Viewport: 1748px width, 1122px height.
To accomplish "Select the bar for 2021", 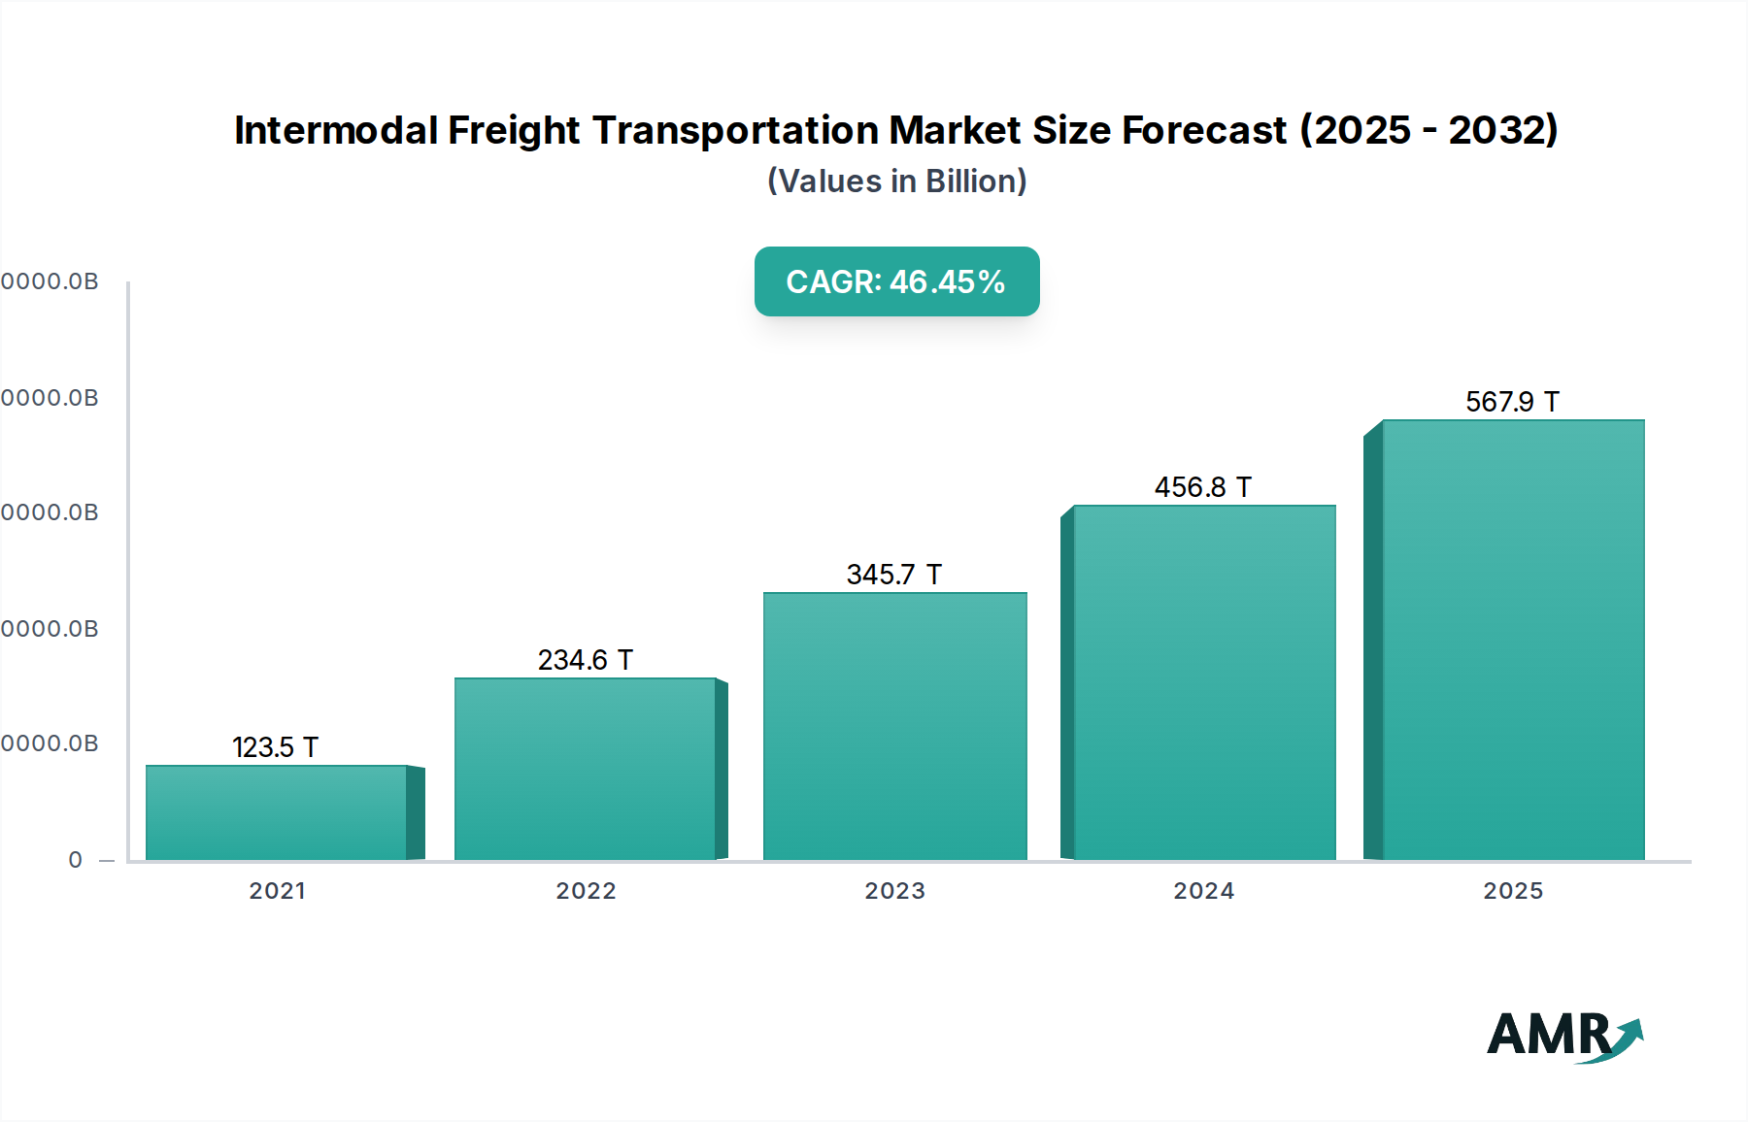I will (x=277, y=812).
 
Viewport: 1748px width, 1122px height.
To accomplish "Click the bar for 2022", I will (x=586, y=769).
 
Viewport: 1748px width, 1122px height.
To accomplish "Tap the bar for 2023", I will (x=894, y=726).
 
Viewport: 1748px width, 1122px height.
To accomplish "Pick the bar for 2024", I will (x=1204, y=682).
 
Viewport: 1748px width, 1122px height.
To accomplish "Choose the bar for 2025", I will (x=1512, y=640).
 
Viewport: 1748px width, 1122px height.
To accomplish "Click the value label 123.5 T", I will (x=276, y=747).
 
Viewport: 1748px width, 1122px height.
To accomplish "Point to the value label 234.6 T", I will (x=586, y=660).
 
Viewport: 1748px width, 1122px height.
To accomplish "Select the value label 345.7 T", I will (x=894, y=575).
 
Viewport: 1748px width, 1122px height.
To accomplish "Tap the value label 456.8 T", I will (x=1203, y=487).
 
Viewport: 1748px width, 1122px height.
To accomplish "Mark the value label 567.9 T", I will (x=1512, y=402).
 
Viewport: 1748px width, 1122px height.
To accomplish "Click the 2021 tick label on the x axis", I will (x=278, y=891).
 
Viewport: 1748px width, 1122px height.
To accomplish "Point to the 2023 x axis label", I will (x=894, y=891).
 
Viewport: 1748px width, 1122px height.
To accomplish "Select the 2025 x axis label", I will (x=1512, y=891).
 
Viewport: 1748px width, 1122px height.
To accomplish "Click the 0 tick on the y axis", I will (x=76, y=860).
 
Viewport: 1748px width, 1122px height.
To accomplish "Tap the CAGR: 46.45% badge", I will (x=896, y=281).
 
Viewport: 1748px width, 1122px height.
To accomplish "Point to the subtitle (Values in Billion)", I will (x=896, y=181).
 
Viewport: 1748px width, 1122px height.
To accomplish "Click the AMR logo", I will (x=1563, y=1036).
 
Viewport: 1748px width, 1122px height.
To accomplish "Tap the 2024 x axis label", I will (x=1204, y=891).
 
